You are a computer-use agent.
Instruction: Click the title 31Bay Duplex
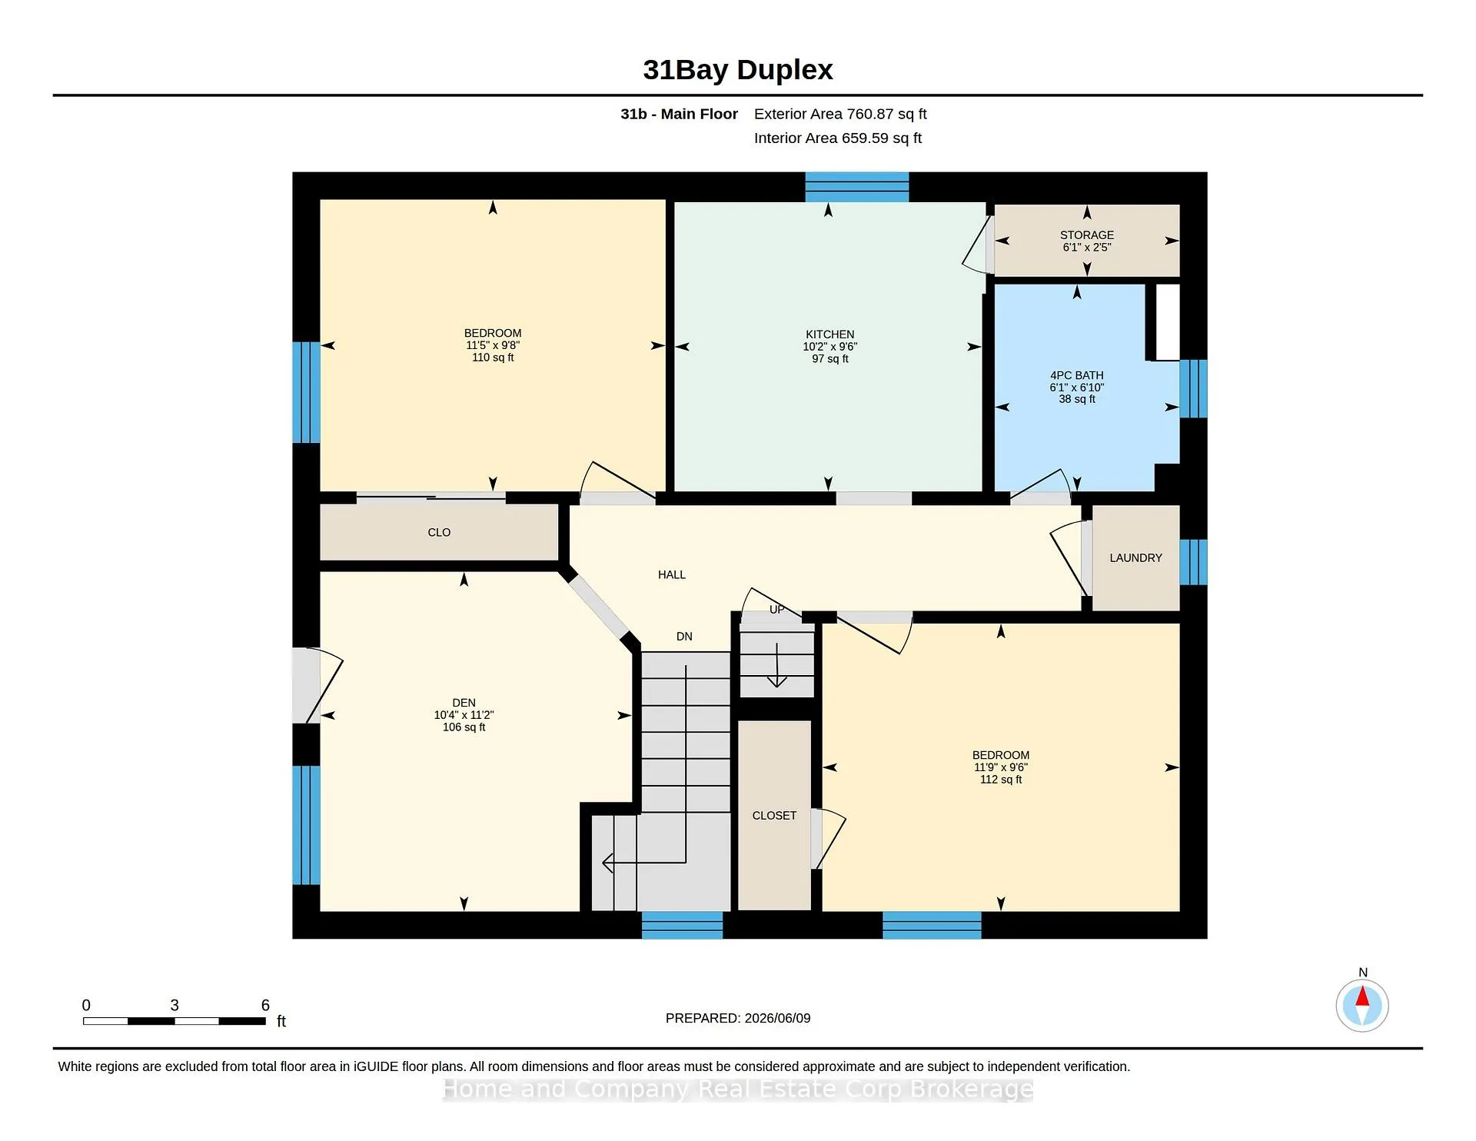(738, 70)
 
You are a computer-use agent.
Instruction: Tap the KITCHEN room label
(829, 334)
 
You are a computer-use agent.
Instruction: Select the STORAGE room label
(1086, 235)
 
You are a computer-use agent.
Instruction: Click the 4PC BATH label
(1076, 376)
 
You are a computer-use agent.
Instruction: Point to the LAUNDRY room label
(1135, 558)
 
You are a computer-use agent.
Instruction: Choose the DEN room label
(464, 703)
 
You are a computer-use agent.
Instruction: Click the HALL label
(671, 574)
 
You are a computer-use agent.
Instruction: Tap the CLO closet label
(439, 532)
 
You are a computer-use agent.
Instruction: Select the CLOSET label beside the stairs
(774, 816)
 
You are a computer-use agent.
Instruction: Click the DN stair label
(684, 637)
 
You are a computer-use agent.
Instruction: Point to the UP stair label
(777, 610)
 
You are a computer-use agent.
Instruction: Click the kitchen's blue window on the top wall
(857, 187)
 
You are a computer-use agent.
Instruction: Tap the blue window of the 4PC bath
(1193, 388)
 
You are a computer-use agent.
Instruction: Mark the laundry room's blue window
(1193, 562)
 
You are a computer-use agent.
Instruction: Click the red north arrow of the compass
(1362, 996)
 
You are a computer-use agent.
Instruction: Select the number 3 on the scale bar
(175, 1005)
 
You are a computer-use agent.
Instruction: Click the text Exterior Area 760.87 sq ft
(840, 114)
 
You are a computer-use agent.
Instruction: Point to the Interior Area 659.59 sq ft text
(837, 138)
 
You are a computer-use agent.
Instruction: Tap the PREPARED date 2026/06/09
(777, 1018)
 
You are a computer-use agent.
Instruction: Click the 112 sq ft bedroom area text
(1001, 780)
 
